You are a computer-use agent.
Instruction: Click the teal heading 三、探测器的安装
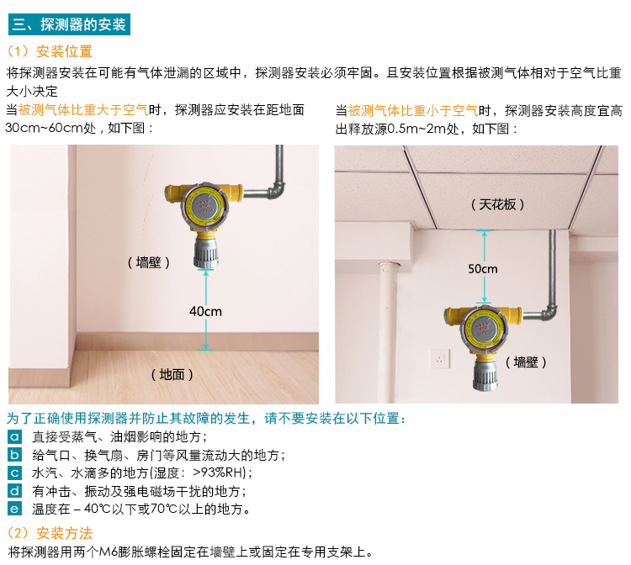69,24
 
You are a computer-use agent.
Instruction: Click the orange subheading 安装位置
65,51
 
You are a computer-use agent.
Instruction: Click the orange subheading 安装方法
65,533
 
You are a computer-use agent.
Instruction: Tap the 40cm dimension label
205,311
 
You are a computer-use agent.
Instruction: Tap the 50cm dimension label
483,268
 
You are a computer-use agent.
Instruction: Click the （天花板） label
498,204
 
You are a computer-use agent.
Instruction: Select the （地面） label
172,374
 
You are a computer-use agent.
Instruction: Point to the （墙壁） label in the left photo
148,262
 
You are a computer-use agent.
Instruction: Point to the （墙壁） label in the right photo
526,362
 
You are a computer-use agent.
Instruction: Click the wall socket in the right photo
439,358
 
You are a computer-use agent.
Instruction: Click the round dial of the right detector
484,330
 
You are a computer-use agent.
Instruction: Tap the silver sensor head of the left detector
206,252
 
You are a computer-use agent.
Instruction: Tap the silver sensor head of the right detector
485,374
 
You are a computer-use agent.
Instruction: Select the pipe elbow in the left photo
277,190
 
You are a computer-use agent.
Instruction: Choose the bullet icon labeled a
15,436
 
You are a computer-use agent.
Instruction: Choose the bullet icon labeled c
15,473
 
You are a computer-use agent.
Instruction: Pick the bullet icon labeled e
15,509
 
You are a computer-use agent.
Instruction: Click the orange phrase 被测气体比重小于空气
413,110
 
